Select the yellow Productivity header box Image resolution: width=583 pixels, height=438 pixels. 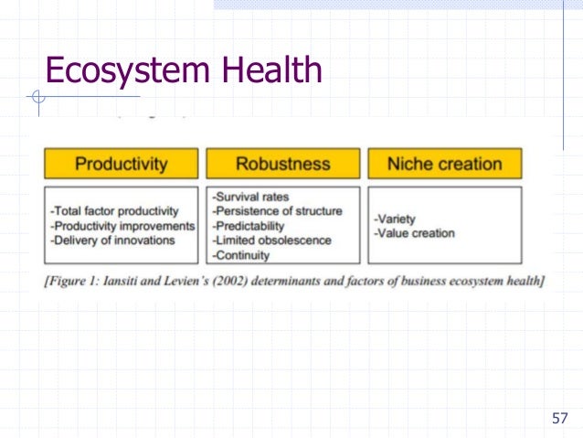click(121, 165)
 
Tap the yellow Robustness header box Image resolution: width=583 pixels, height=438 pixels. click(282, 165)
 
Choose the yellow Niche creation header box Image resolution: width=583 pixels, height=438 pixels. click(444, 165)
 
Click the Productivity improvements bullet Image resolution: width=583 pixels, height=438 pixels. click(123, 226)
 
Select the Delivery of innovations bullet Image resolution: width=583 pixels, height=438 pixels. click(112, 240)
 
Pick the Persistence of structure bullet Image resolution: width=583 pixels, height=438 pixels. click(277, 211)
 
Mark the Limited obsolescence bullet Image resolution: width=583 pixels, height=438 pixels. click(271, 240)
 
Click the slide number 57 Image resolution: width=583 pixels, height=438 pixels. click(559, 419)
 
